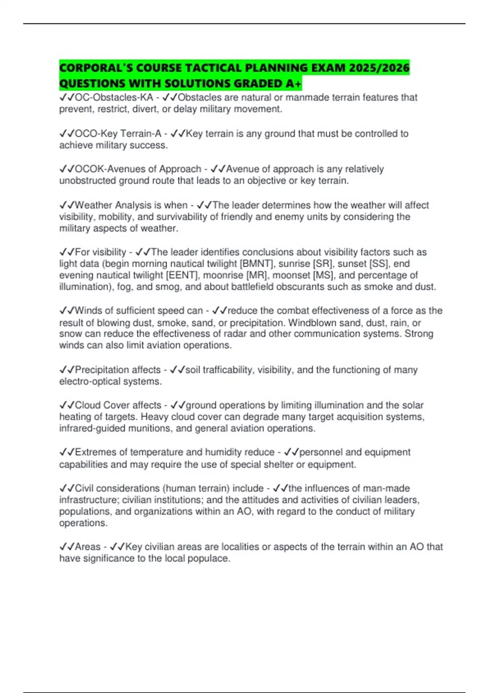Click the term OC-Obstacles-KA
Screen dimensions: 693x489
pos(114,97)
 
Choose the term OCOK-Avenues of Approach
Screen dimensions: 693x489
pos(138,169)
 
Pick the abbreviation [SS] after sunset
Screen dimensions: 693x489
pos(379,264)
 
